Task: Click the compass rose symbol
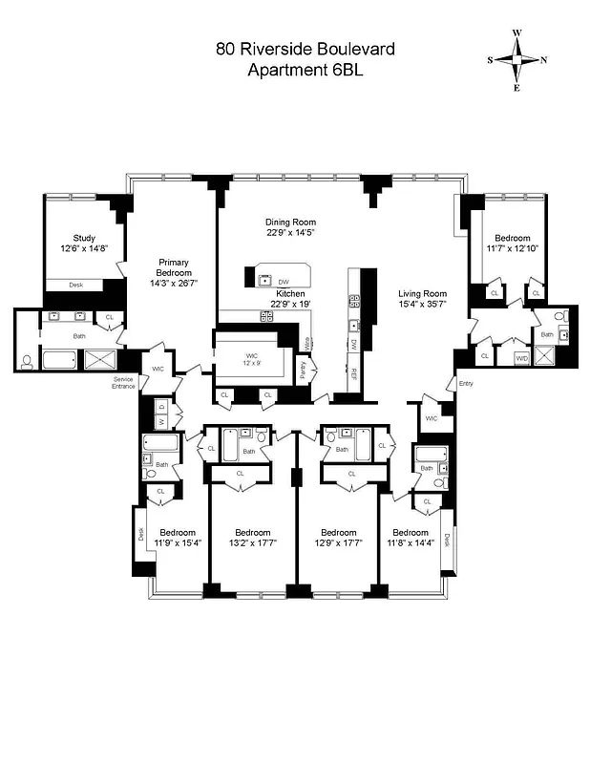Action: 516,59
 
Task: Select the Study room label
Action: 85,239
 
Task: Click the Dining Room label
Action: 290,222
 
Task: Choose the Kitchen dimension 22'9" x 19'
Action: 290,305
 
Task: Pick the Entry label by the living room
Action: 465,384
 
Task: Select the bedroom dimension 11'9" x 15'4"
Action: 178,545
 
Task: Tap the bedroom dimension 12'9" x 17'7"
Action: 338,545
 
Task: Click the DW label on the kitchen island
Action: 284,282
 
